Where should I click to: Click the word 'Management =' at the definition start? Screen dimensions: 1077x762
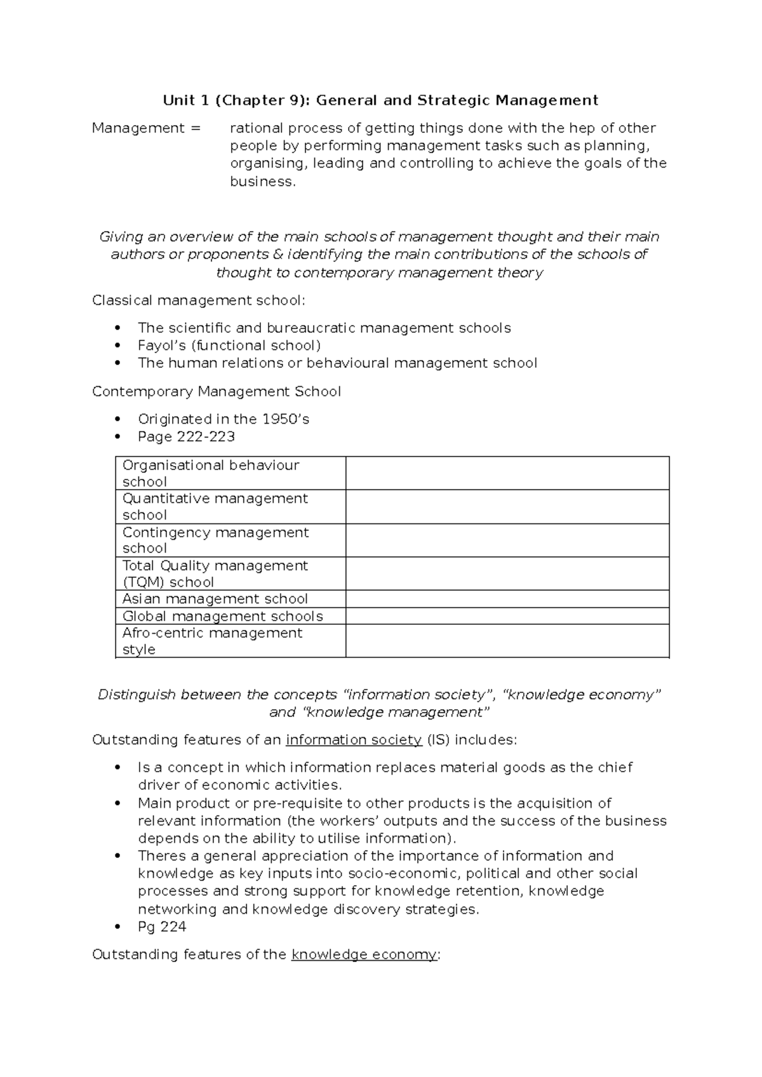coord(146,128)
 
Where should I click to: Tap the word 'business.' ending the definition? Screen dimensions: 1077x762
coord(263,182)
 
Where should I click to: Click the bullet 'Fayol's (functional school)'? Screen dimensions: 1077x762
coord(229,345)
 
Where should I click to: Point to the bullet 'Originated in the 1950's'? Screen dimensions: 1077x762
coord(224,419)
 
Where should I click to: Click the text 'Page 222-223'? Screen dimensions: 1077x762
coord(186,437)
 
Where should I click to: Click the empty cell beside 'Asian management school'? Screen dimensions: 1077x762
coord(507,599)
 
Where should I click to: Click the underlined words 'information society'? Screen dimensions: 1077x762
coord(354,740)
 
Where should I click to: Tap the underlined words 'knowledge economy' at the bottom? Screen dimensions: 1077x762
coord(364,954)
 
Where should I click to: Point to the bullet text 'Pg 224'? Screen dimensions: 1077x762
coord(162,926)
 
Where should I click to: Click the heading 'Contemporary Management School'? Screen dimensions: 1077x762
coord(217,391)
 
